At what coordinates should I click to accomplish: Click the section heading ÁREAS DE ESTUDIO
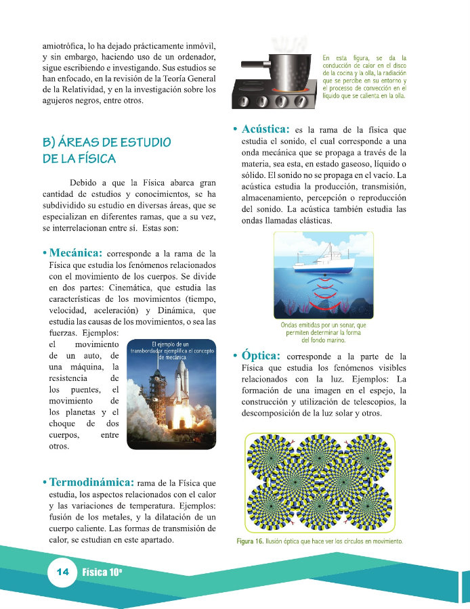106,143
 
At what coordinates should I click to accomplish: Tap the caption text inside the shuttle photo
172,351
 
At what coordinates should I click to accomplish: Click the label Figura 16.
249,541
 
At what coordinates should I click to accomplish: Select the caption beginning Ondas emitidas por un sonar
323,333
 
